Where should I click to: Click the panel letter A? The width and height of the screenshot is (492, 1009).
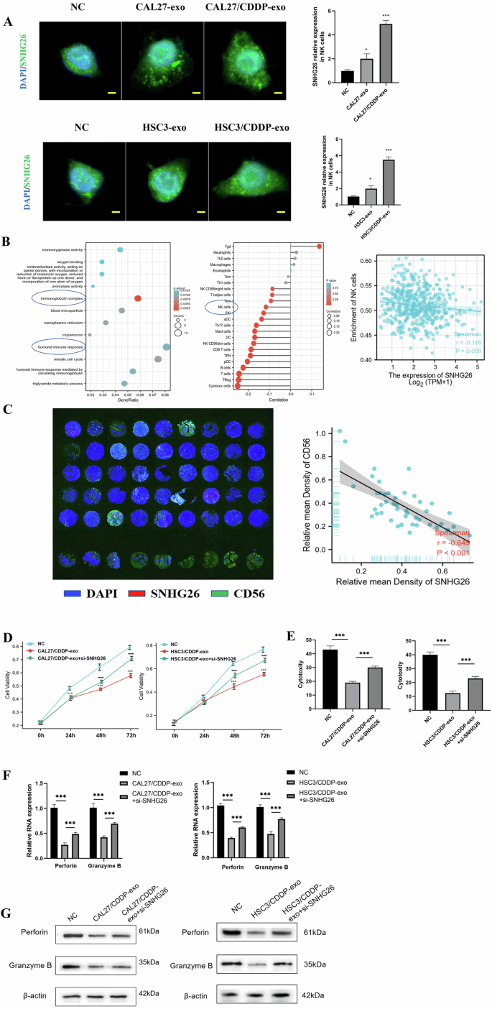[8, 22]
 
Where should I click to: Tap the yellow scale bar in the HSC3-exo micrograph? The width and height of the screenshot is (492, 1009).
[191, 212]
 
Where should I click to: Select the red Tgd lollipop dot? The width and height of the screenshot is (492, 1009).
[319, 247]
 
